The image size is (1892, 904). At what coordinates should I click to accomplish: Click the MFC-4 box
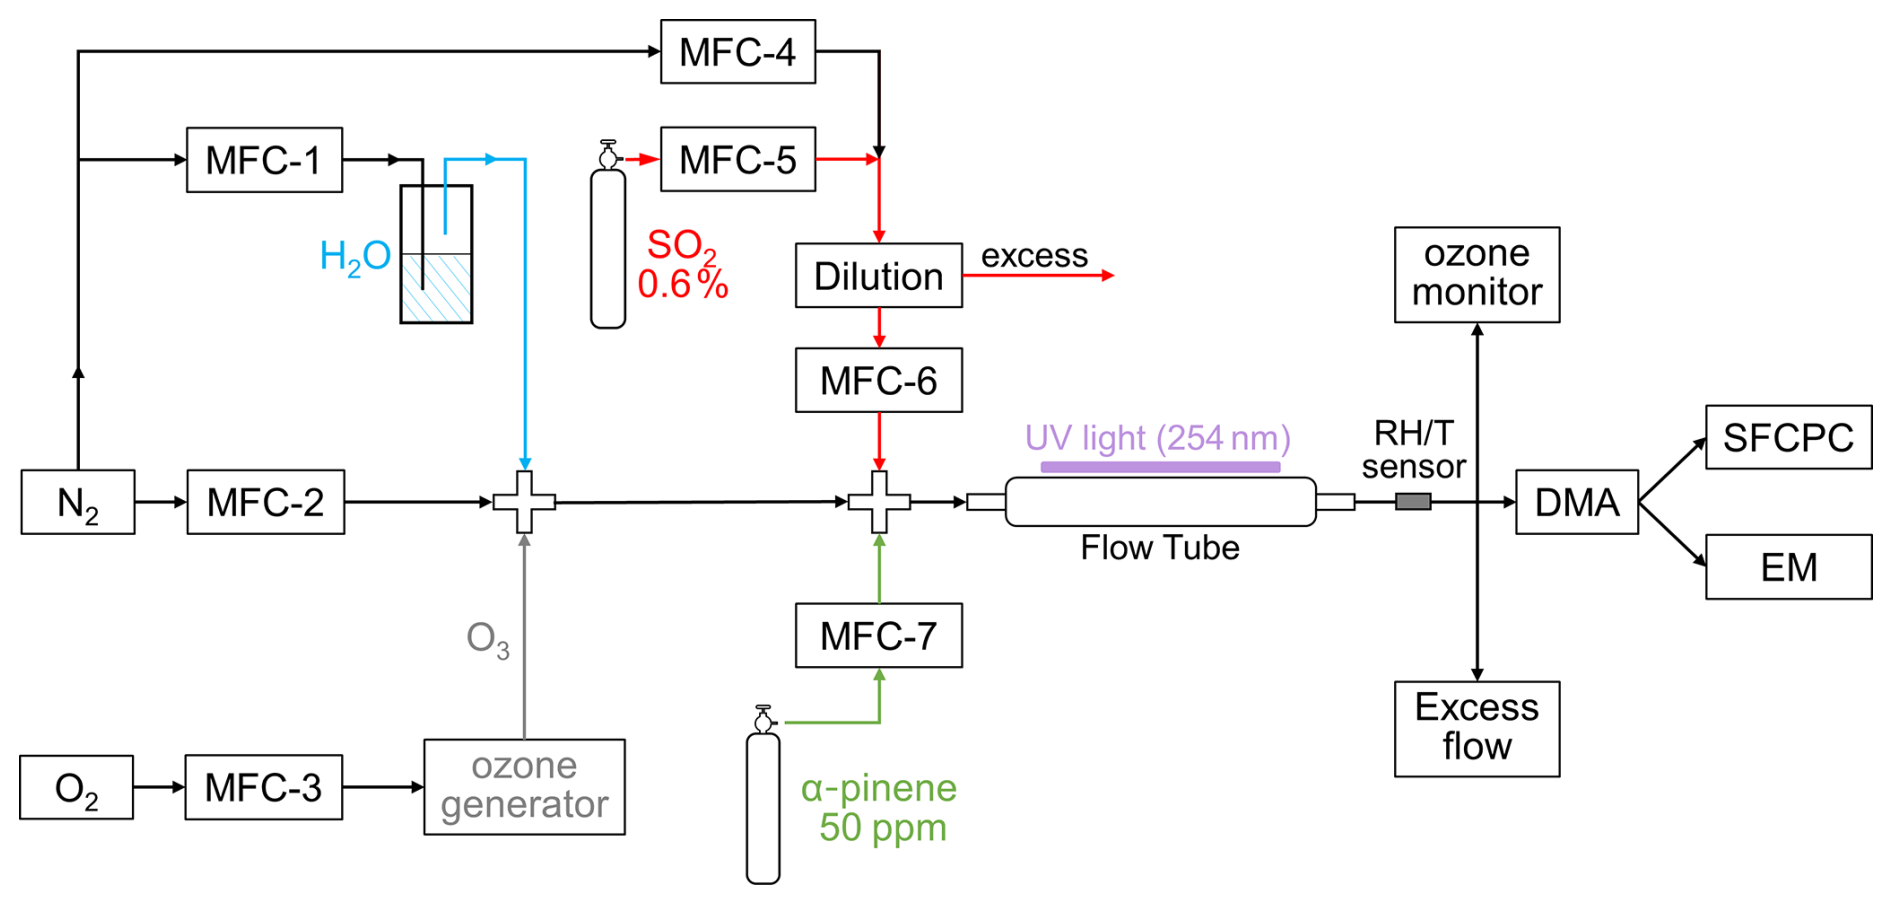tap(738, 52)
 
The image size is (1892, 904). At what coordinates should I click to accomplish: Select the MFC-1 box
tap(264, 160)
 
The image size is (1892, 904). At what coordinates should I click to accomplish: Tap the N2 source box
tap(78, 502)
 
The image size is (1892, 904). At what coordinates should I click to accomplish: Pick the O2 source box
tap(76, 788)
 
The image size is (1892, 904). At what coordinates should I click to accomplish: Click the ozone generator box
tap(524, 787)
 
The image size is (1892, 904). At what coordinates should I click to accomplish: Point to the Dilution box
tap(878, 276)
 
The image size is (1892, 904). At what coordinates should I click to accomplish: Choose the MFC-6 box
tap(878, 381)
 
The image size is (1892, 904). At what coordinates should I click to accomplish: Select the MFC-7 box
tap(878, 636)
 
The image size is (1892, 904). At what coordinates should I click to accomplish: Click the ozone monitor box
tap(1476, 274)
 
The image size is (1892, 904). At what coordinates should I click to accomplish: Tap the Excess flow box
tap(1476, 729)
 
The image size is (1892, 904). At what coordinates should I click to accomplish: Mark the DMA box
tap(1576, 502)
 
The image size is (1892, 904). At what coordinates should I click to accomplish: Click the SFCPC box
tap(1788, 437)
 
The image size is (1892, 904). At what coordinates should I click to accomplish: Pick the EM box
tap(1788, 567)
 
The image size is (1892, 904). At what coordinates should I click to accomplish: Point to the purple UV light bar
tap(1160, 467)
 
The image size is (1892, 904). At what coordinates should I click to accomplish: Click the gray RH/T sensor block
tap(1413, 502)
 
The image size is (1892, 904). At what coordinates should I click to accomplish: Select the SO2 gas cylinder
tap(608, 248)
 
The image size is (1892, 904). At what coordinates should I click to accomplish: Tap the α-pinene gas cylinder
tap(763, 808)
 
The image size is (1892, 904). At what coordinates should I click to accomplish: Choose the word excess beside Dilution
tap(1034, 256)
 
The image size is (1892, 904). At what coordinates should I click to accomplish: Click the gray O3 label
tap(488, 639)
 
